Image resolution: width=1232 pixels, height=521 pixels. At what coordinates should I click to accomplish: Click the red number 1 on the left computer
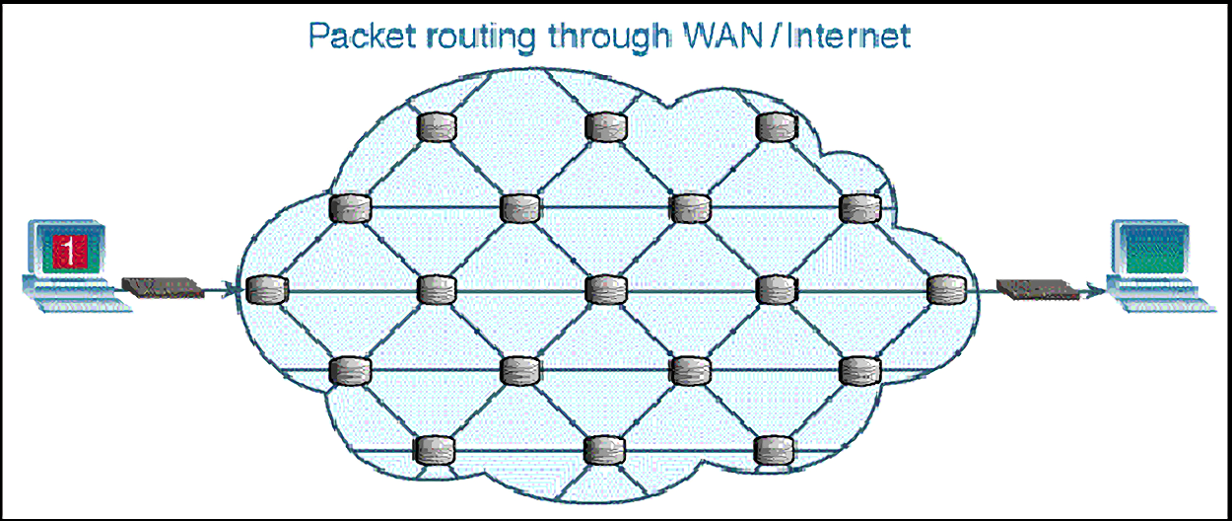tap(68, 250)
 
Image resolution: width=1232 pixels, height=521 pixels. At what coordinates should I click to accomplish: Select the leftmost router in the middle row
tap(265, 290)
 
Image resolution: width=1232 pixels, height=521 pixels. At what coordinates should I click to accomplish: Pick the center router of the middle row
tap(605, 289)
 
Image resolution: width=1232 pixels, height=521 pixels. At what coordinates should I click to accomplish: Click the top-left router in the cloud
tap(435, 126)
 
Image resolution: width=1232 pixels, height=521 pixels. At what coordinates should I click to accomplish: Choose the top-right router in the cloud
tap(776, 126)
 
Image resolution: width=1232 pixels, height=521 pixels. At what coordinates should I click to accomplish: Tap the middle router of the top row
tap(605, 126)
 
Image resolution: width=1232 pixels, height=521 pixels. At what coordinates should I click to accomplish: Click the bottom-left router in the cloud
tap(435, 450)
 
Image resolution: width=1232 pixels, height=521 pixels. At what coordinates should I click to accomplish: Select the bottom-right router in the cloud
tap(776, 450)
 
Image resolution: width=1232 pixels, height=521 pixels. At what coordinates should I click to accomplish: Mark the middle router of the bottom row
tap(605, 450)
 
